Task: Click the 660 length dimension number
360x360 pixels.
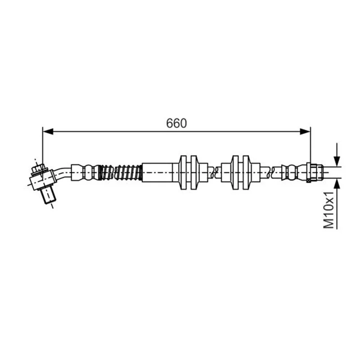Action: (176, 123)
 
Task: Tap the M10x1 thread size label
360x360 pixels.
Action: (328, 209)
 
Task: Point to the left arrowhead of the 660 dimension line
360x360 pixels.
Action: (48, 131)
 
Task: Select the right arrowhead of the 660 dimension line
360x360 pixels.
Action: (305, 131)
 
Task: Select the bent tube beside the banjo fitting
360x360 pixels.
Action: (63, 173)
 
